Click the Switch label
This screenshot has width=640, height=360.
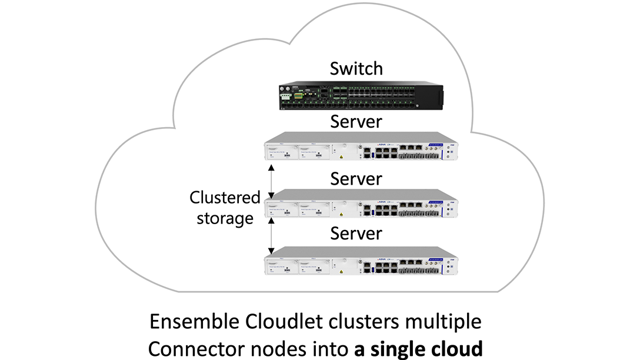pyautogui.click(x=356, y=69)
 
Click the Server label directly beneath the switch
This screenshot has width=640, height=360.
pyautogui.click(x=356, y=122)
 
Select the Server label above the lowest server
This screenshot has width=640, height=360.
pyautogui.click(x=356, y=233)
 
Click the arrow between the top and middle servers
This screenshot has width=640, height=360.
pyautogui.click(x=271, y=181)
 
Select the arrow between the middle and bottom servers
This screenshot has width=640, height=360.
pyautogui.click(x=271, y=236)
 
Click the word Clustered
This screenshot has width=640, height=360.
pyautogui.click(x=225, y=198)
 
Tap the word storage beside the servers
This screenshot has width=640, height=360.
pyautogui.click(x=225, y=218)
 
